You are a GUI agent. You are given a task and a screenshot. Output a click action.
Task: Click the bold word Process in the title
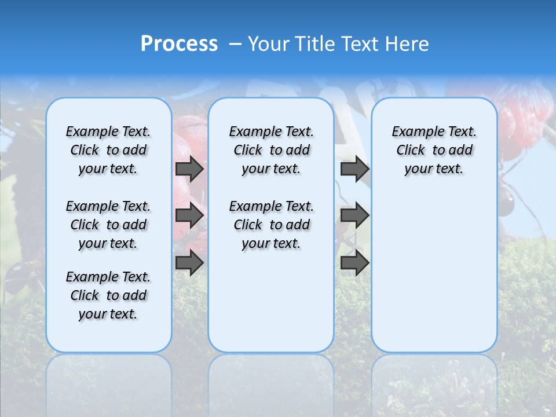point(179,43)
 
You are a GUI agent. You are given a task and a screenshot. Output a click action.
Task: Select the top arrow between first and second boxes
point(189,169)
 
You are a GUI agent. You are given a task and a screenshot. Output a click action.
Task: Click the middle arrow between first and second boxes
point(189,215)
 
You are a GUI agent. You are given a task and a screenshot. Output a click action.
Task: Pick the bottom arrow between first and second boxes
point(189,263)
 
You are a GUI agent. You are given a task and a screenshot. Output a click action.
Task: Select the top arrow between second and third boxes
point(354,169)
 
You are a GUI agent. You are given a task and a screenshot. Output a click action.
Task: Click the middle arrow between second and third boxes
point(354,215)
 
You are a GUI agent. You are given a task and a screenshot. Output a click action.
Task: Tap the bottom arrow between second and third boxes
point(354,263)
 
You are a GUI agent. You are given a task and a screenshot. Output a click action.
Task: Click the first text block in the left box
point(108,150)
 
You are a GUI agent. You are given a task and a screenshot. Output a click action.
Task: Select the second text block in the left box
point(108,225)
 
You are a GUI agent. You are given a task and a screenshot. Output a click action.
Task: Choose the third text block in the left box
point(108,295)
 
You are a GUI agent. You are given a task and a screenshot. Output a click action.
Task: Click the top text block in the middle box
point(271,150)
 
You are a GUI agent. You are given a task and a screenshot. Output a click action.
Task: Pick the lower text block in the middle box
point(271,225)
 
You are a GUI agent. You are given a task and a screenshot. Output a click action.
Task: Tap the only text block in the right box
point(434,150)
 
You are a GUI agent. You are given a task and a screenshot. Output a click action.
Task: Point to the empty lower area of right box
point(434,272)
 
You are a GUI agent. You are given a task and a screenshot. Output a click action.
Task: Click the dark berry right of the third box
point(506,204)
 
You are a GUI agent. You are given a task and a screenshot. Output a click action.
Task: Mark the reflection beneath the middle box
point(271,376)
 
